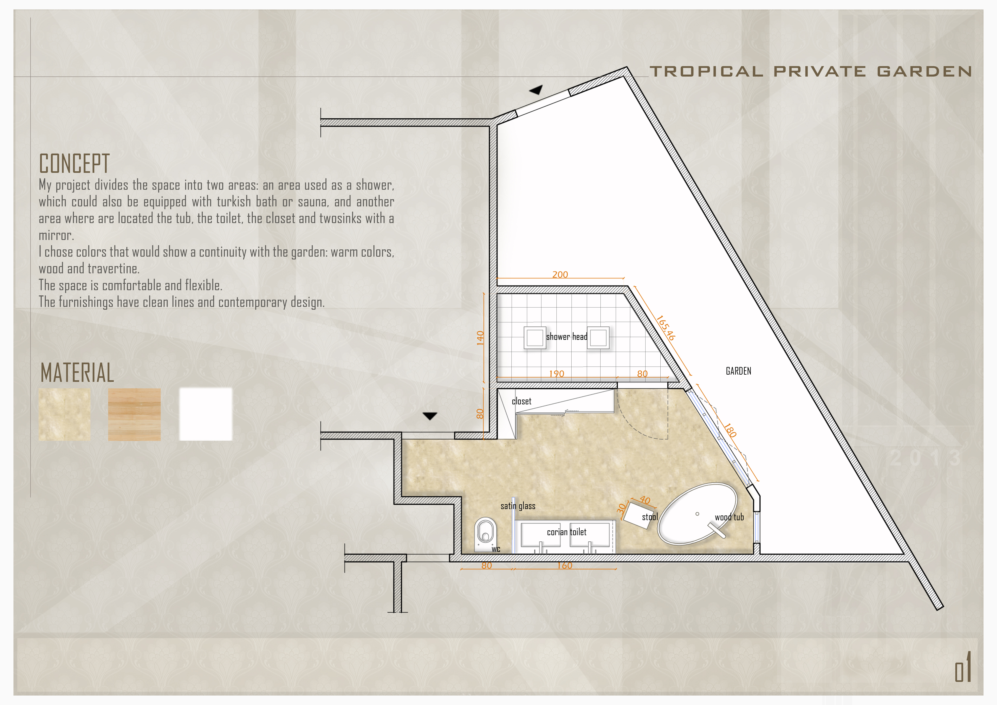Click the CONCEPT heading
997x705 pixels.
(x=74, y=164)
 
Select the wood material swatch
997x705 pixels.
(x=134, y=415)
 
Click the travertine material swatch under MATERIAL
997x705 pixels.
(x=65, y=415)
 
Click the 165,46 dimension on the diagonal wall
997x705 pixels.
(x=665, y=328)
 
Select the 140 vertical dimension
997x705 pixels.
(x=480, y=338)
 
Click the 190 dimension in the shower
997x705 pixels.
(x=556, y=374)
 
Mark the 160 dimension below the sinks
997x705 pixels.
(x=565, y=565)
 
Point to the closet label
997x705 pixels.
(x=522, y=401)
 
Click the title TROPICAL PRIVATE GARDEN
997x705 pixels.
(x=811, y=71)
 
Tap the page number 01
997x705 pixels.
(x=963, y=667)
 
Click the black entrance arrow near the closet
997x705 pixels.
(x=430, y=416)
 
